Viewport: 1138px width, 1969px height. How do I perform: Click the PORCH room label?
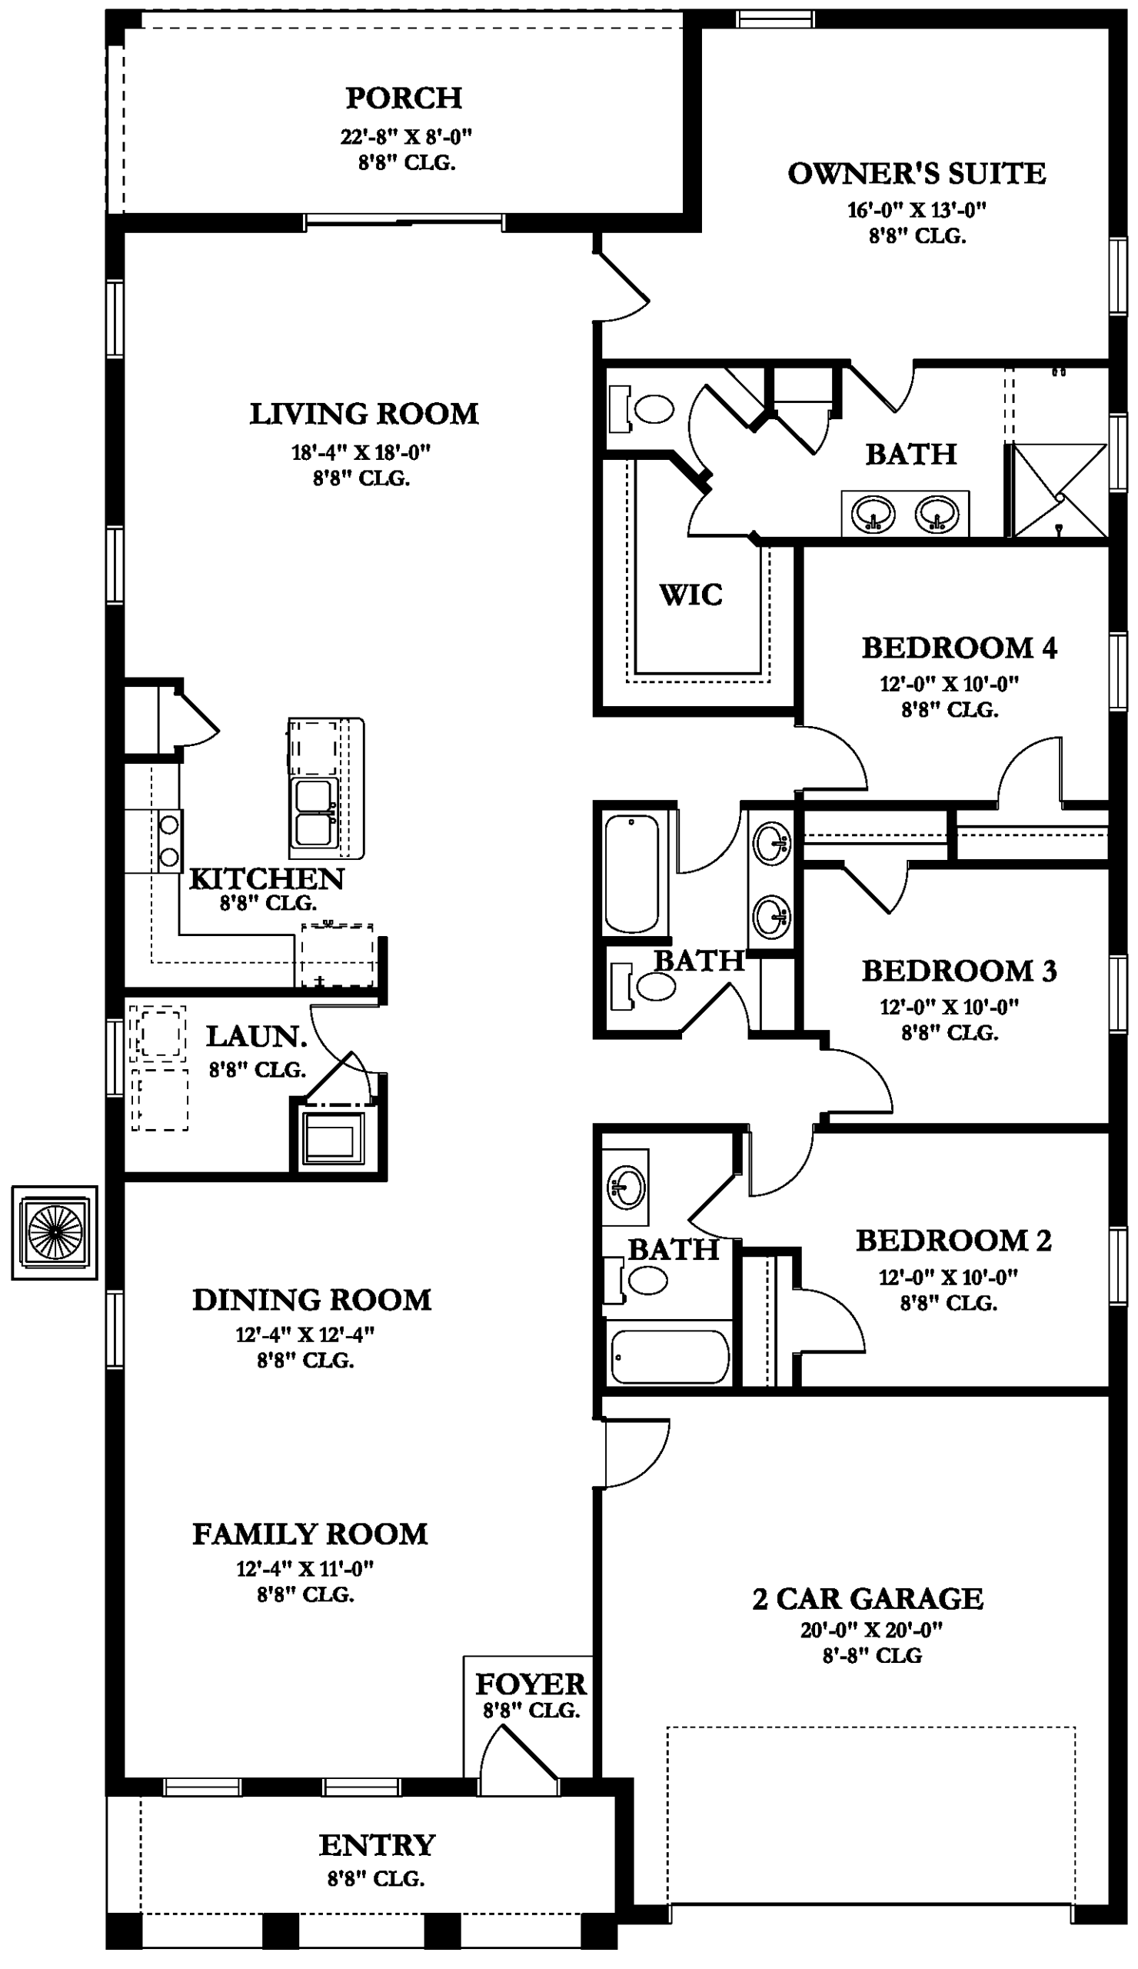coord(403,98)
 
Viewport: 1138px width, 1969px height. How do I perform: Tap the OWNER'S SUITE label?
coord(917,174)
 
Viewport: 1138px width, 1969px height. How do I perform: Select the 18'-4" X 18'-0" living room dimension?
coord(361,452)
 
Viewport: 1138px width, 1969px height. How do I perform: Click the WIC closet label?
coord(690,595)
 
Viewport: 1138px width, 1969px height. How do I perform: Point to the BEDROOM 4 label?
coord(958,648)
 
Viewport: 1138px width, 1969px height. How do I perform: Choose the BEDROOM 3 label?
coord(958,971)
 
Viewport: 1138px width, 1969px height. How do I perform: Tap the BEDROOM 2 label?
coord(953,1240)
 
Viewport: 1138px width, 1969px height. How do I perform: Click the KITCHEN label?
coord(266,879)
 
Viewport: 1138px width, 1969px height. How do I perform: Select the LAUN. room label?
coord(256,1037)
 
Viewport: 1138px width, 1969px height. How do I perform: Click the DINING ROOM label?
coord(311,1300)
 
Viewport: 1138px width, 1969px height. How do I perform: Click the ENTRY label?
coord(377,1845)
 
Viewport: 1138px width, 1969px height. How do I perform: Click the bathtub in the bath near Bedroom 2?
coord(670,1358)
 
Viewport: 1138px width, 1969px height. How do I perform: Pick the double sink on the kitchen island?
coord(314,814)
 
